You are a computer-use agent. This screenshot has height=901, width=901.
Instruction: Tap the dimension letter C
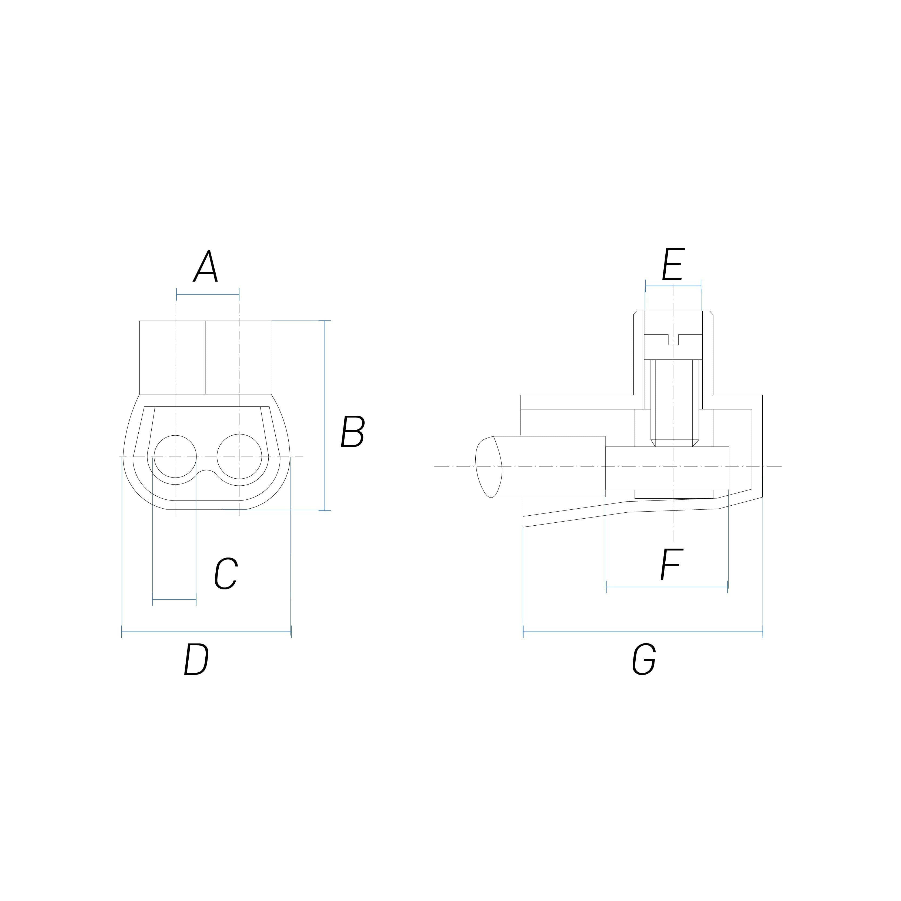226,574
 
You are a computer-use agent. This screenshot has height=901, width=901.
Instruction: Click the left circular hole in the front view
175,456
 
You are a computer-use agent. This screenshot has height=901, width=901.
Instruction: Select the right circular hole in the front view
239,456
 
